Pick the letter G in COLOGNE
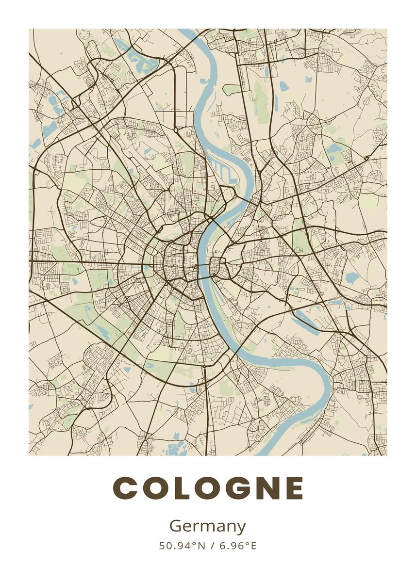(238, 488)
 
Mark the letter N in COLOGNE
(267, 488)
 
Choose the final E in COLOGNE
(294, 488)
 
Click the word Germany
(208, 527)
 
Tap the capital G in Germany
(175, 526)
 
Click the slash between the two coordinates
(213, 546)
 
